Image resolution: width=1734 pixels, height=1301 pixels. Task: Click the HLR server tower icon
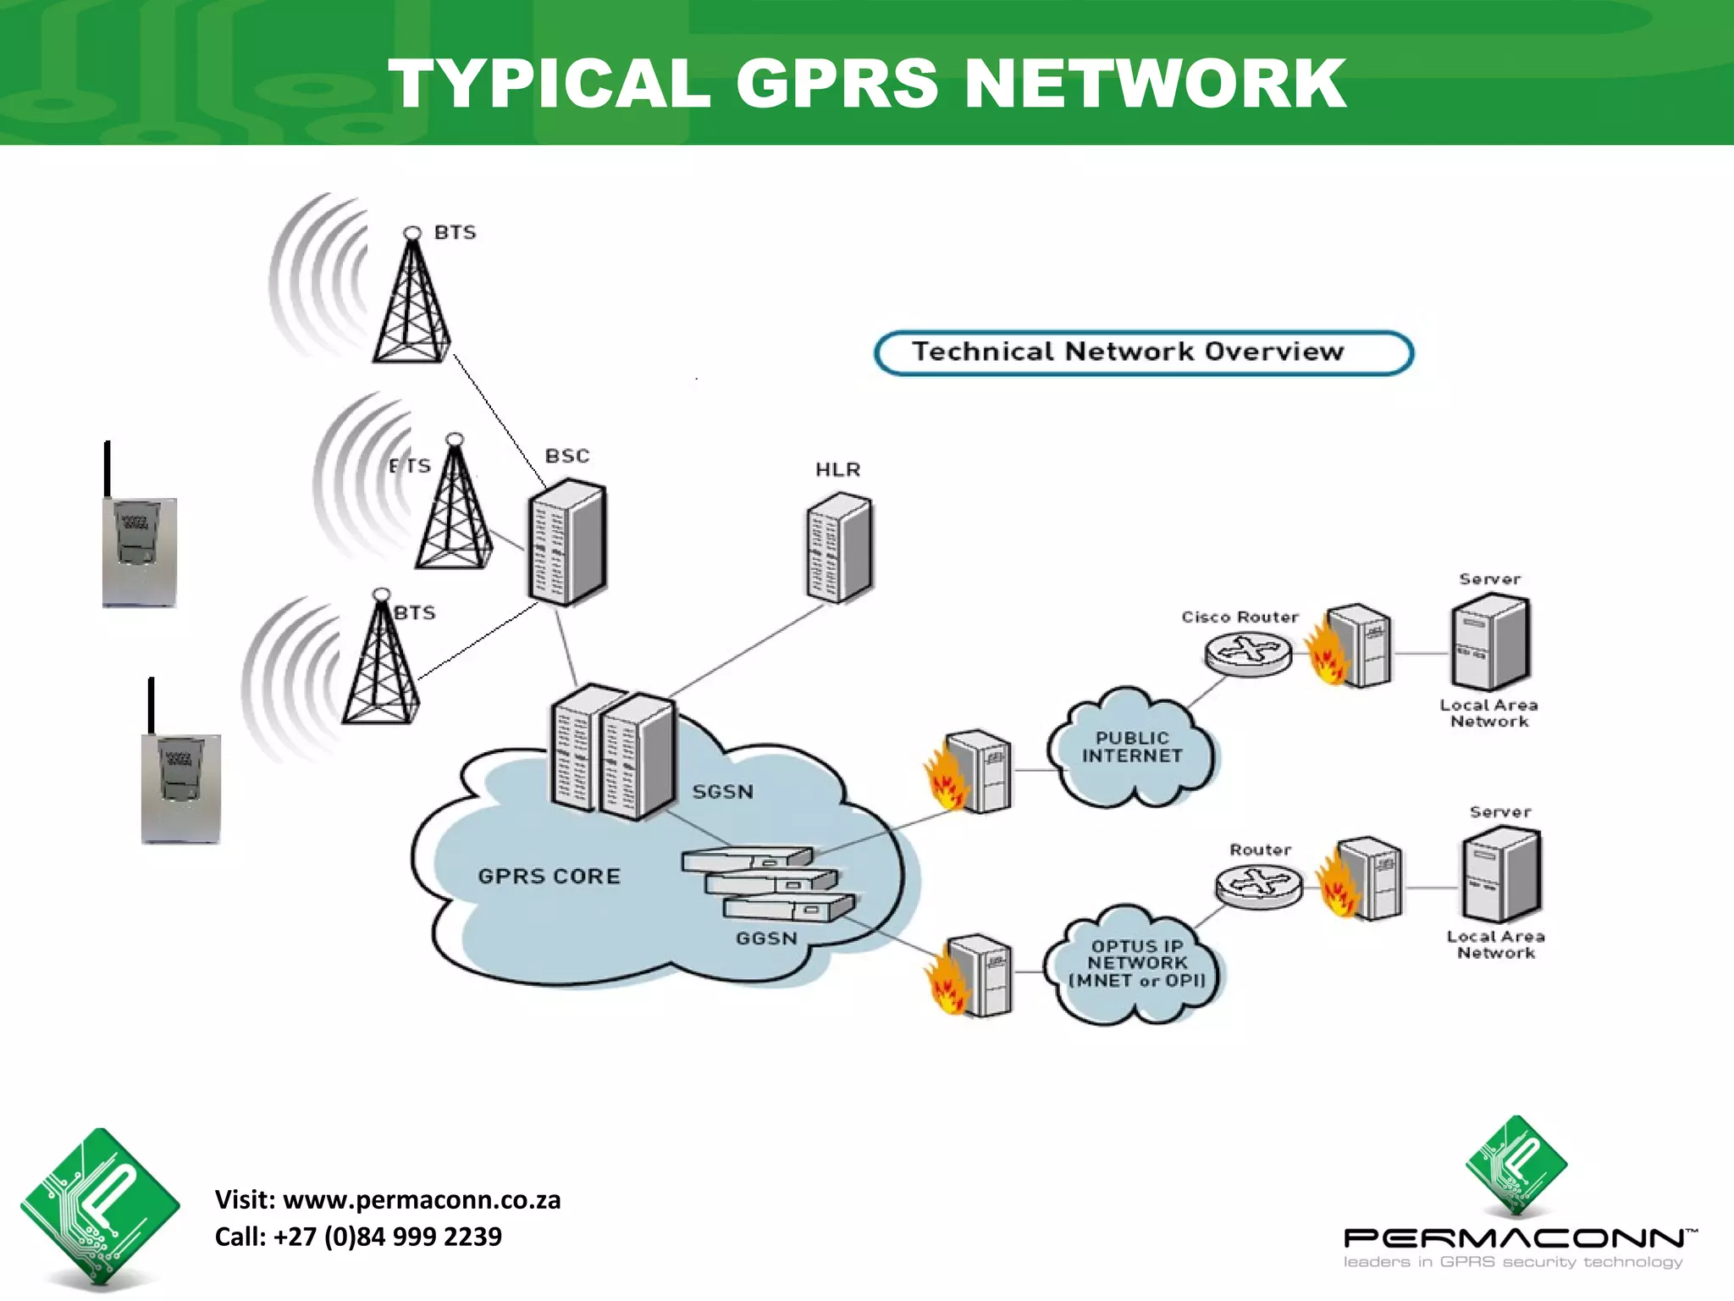(x=839, y=549)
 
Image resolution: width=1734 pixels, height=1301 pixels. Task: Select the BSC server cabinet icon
(x=566, y=542)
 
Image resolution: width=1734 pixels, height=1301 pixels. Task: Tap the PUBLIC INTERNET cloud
(x=1131, y=748)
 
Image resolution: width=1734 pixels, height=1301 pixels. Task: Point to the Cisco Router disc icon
(x=1248, y=654)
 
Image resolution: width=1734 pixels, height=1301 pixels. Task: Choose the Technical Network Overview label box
(x=1143, y=352)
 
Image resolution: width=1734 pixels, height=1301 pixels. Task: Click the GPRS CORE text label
(x=549, y=876)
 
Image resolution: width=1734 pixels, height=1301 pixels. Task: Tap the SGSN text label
(x=722, y=792)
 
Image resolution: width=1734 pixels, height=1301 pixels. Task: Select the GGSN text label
(x=766, y=938)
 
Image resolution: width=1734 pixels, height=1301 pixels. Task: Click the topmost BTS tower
(x=412, y=301)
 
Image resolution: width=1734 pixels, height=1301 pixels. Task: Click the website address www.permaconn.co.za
(x=422, y=1199)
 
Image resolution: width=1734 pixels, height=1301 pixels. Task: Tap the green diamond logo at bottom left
(x=100, y=1206)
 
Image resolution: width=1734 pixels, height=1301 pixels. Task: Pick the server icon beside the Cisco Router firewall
(x=1490, y=644)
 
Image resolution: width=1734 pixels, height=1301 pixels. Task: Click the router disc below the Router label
(x=1258, y=887)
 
